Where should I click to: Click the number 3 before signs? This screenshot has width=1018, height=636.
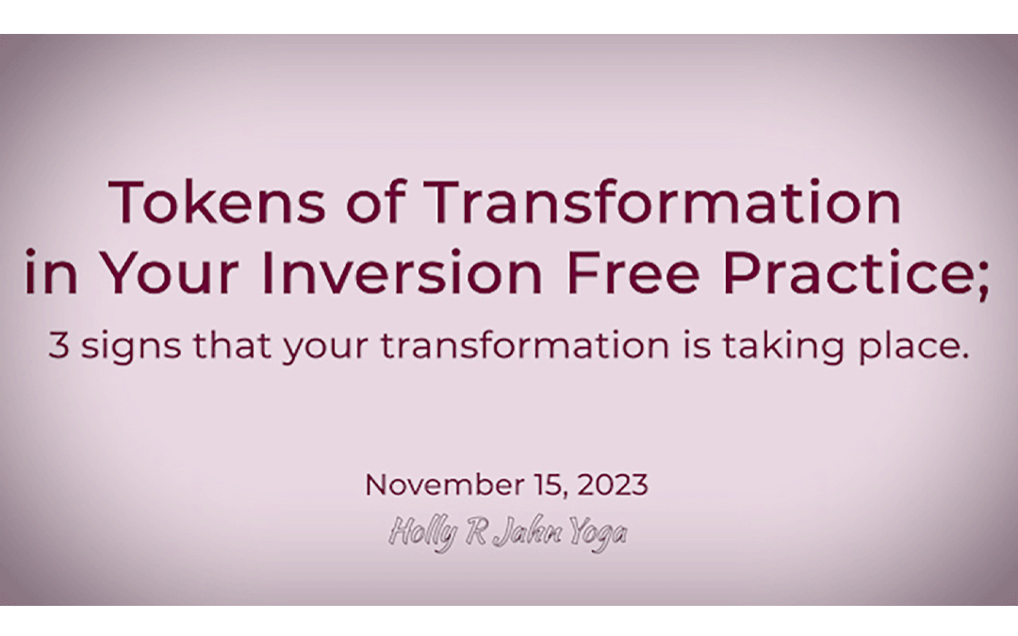coord(59,347)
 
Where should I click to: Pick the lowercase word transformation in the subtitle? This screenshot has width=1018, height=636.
coord(514,347)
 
